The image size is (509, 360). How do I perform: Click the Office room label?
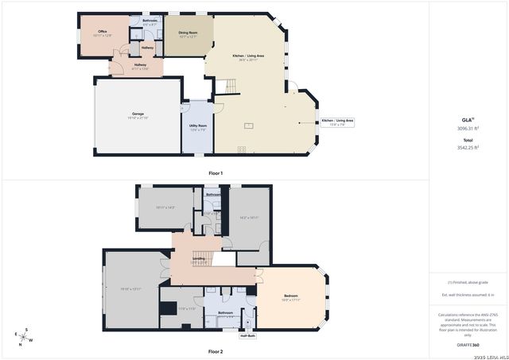(x=103, y=31)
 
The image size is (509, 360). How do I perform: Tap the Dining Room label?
(x=188, y=32)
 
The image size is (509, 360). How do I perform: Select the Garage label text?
(x=138, y=114)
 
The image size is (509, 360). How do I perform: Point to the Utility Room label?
(x=198, y=126)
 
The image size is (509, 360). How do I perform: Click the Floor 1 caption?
(x=216, y=172)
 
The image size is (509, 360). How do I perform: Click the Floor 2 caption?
(x=216, y=350)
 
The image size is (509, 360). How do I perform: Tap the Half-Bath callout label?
(x=247, y=336)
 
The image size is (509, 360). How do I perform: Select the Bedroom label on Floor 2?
(x=290, y=296)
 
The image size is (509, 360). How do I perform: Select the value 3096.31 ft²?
(x=468, y=128)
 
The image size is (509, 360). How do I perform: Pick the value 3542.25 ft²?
(x=468, y=147)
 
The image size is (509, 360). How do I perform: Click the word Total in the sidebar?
(x=468, y=139)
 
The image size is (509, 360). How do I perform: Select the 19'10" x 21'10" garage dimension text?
(x=138, y=118)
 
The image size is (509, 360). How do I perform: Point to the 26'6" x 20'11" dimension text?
(x=248, y=60)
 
